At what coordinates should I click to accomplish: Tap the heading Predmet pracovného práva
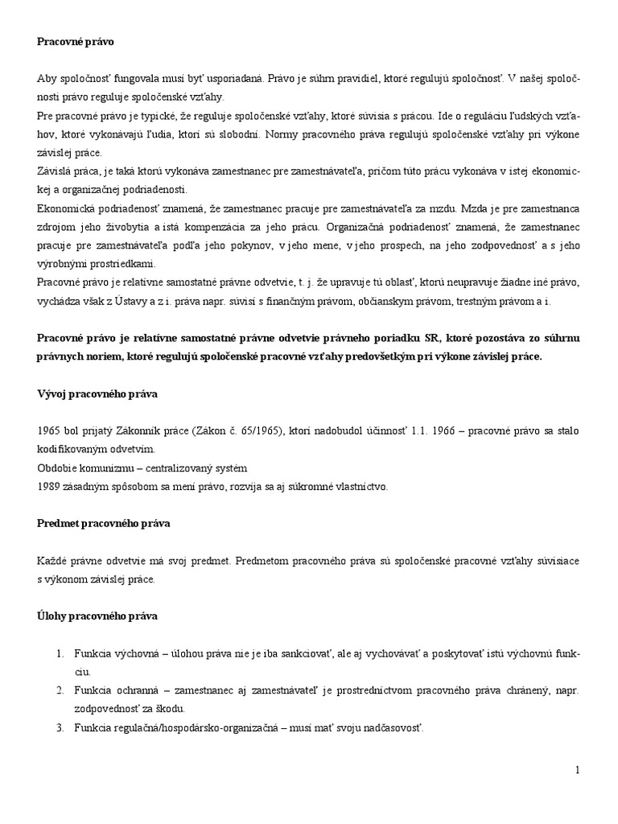[x=103, y=523]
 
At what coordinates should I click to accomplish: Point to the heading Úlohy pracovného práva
[x=97, y=616]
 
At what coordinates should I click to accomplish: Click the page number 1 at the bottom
[x=577, y=771]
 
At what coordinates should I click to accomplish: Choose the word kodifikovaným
[x=72, y=450]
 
